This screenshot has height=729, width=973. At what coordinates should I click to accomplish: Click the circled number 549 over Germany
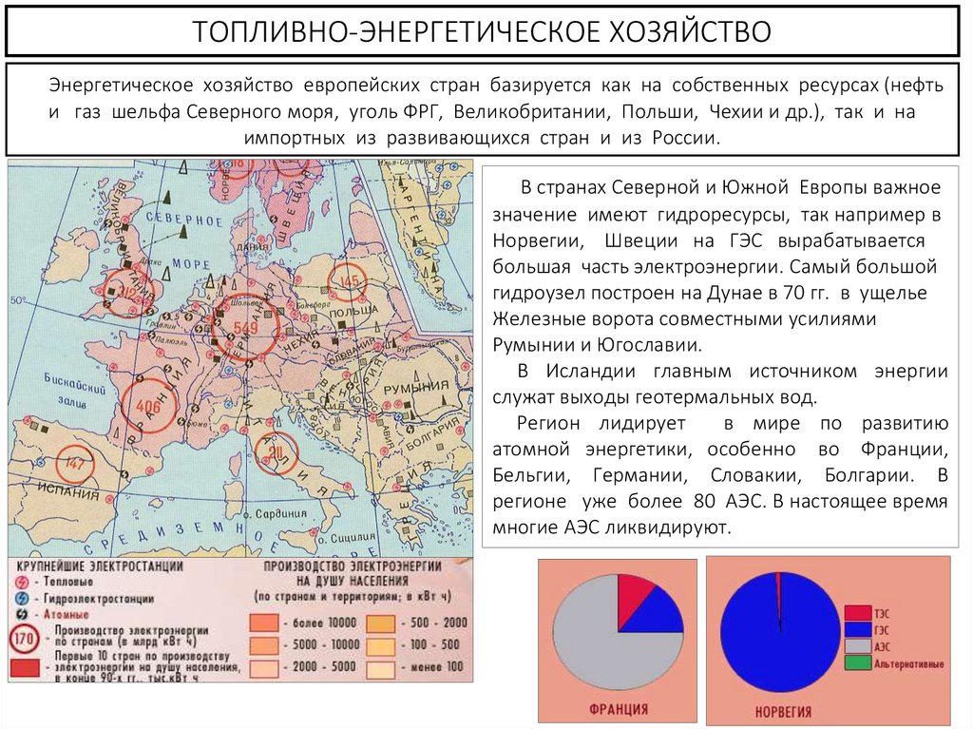(x=246, y=328)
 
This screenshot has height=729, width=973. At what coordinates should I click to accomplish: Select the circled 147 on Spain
(x=76, y=466)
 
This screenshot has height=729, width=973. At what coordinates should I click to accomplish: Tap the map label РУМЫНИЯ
(x=416, y=388)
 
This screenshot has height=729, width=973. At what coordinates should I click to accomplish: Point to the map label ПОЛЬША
(x=346, y=311)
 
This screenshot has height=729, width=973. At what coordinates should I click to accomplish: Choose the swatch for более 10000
(x=266, y=623)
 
